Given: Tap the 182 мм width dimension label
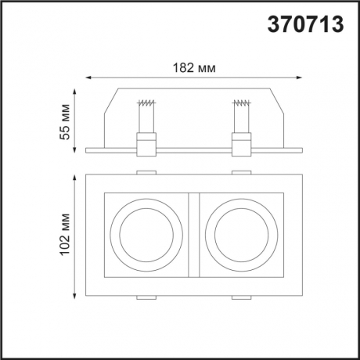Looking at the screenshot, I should (x=193, y=67).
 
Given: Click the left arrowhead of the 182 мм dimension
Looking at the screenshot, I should (x=87, y=77).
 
